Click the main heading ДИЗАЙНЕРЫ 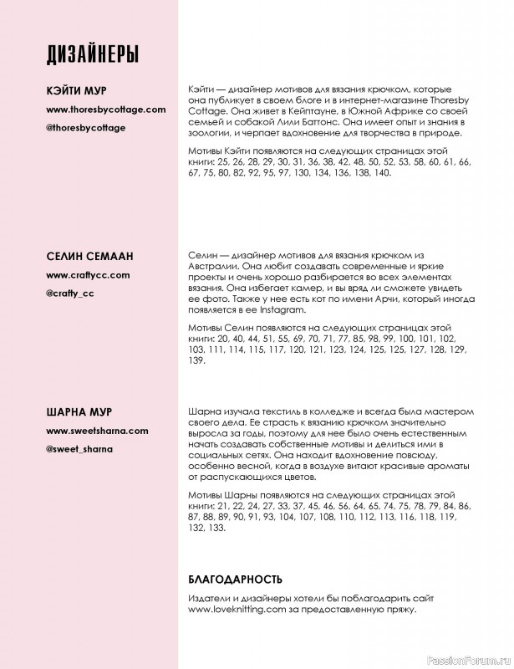tap(92, 54)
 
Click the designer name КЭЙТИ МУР tap(76, 91)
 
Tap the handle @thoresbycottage tap(85, 127)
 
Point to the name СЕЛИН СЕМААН tap(89, 256)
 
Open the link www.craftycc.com tap(88, 274)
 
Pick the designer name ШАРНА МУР tap(79, 413)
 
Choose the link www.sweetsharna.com tap(97, 431)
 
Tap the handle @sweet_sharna tap(79, 449)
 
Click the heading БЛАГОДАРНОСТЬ tap(236, 579)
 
